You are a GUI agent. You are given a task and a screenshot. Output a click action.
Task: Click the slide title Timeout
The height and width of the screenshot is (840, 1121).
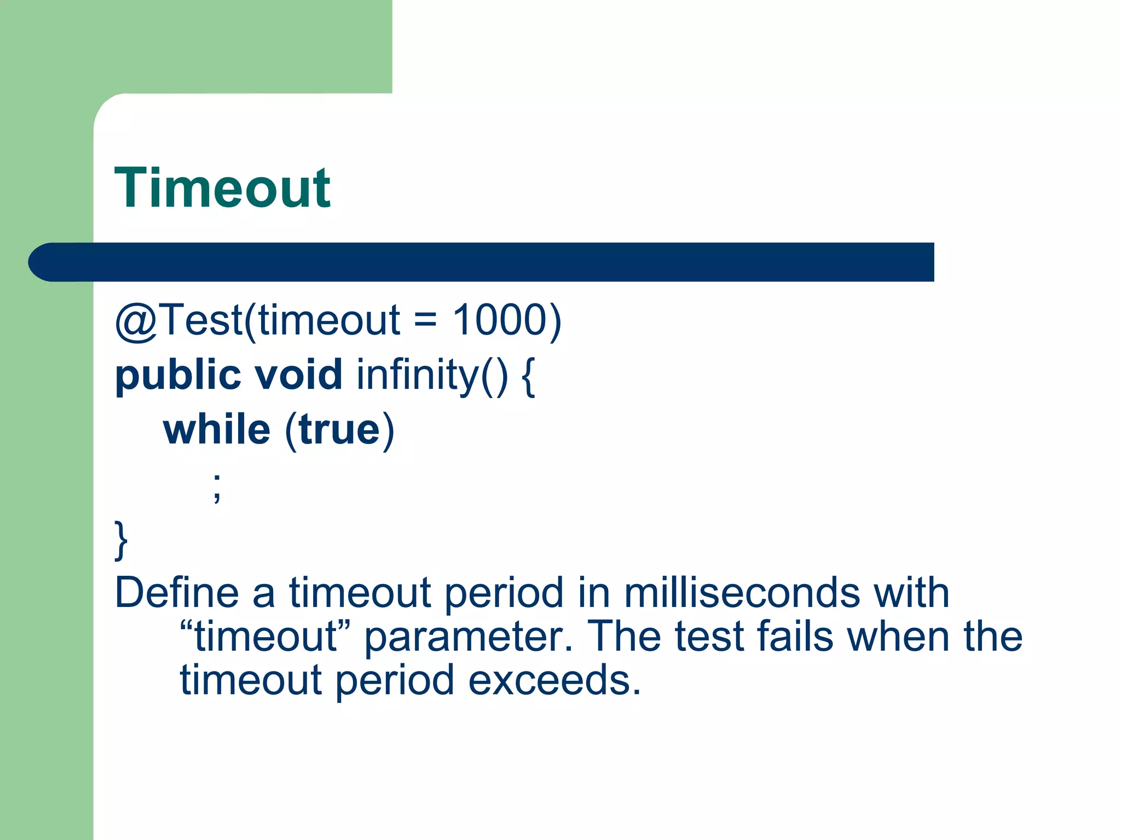pos(222,188)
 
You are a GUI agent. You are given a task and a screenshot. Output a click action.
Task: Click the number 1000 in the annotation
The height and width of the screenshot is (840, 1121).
pos(500,320)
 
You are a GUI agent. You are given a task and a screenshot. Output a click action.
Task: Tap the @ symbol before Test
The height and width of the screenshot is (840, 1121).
pos(136,322)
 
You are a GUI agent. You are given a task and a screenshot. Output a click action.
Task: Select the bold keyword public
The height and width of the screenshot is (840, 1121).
pos(178,376)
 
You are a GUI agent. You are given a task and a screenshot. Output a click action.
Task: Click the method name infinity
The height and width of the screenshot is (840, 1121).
pos(418,376)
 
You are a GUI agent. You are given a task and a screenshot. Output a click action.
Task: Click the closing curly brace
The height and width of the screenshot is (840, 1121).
pos(121,540)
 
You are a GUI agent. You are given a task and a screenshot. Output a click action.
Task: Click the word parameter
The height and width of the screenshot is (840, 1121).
pos(469,637)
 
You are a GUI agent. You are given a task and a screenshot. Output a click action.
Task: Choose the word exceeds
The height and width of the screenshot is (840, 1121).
pos(554,680)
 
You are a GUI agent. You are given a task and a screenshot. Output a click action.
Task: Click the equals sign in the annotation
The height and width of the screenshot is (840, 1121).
pos(425,321)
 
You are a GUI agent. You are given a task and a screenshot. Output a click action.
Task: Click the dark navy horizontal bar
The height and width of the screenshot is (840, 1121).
pos(482,262)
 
